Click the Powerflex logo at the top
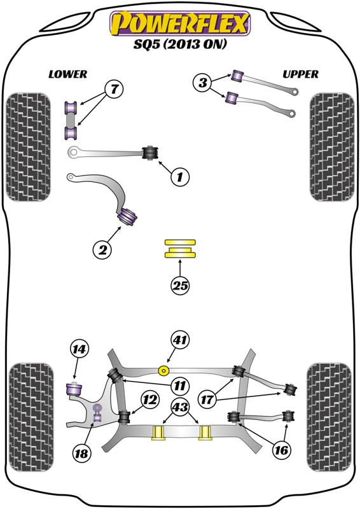tap(180, 24)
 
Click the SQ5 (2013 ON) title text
tap(180, 45)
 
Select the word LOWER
tap(67, 74)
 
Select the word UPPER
tap(300, 74)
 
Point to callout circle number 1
tap(180, 178)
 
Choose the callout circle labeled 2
tap(102, 250)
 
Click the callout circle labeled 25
tap(181, 286)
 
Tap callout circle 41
tap(180, 341)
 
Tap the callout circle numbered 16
tap(281, 450)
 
